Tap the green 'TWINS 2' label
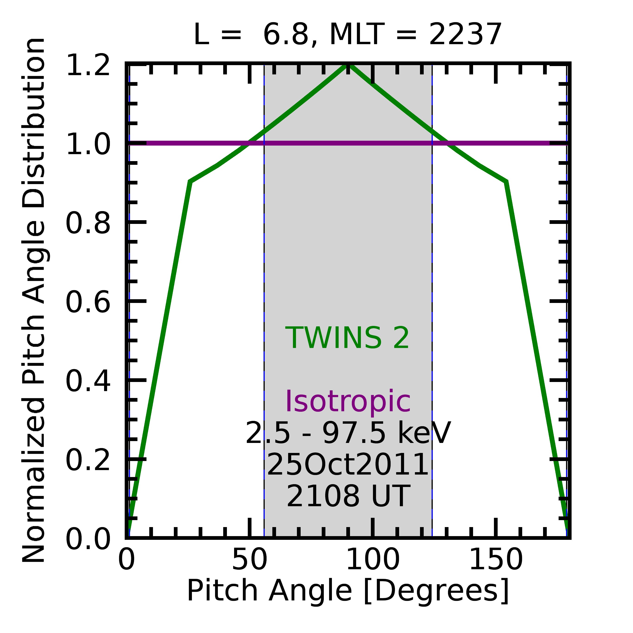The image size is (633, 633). [347, 338]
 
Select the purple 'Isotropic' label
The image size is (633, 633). [348, 402]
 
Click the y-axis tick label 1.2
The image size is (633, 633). [88, 66]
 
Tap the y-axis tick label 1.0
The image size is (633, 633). [88, 144]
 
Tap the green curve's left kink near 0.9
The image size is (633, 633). [190, 181]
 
